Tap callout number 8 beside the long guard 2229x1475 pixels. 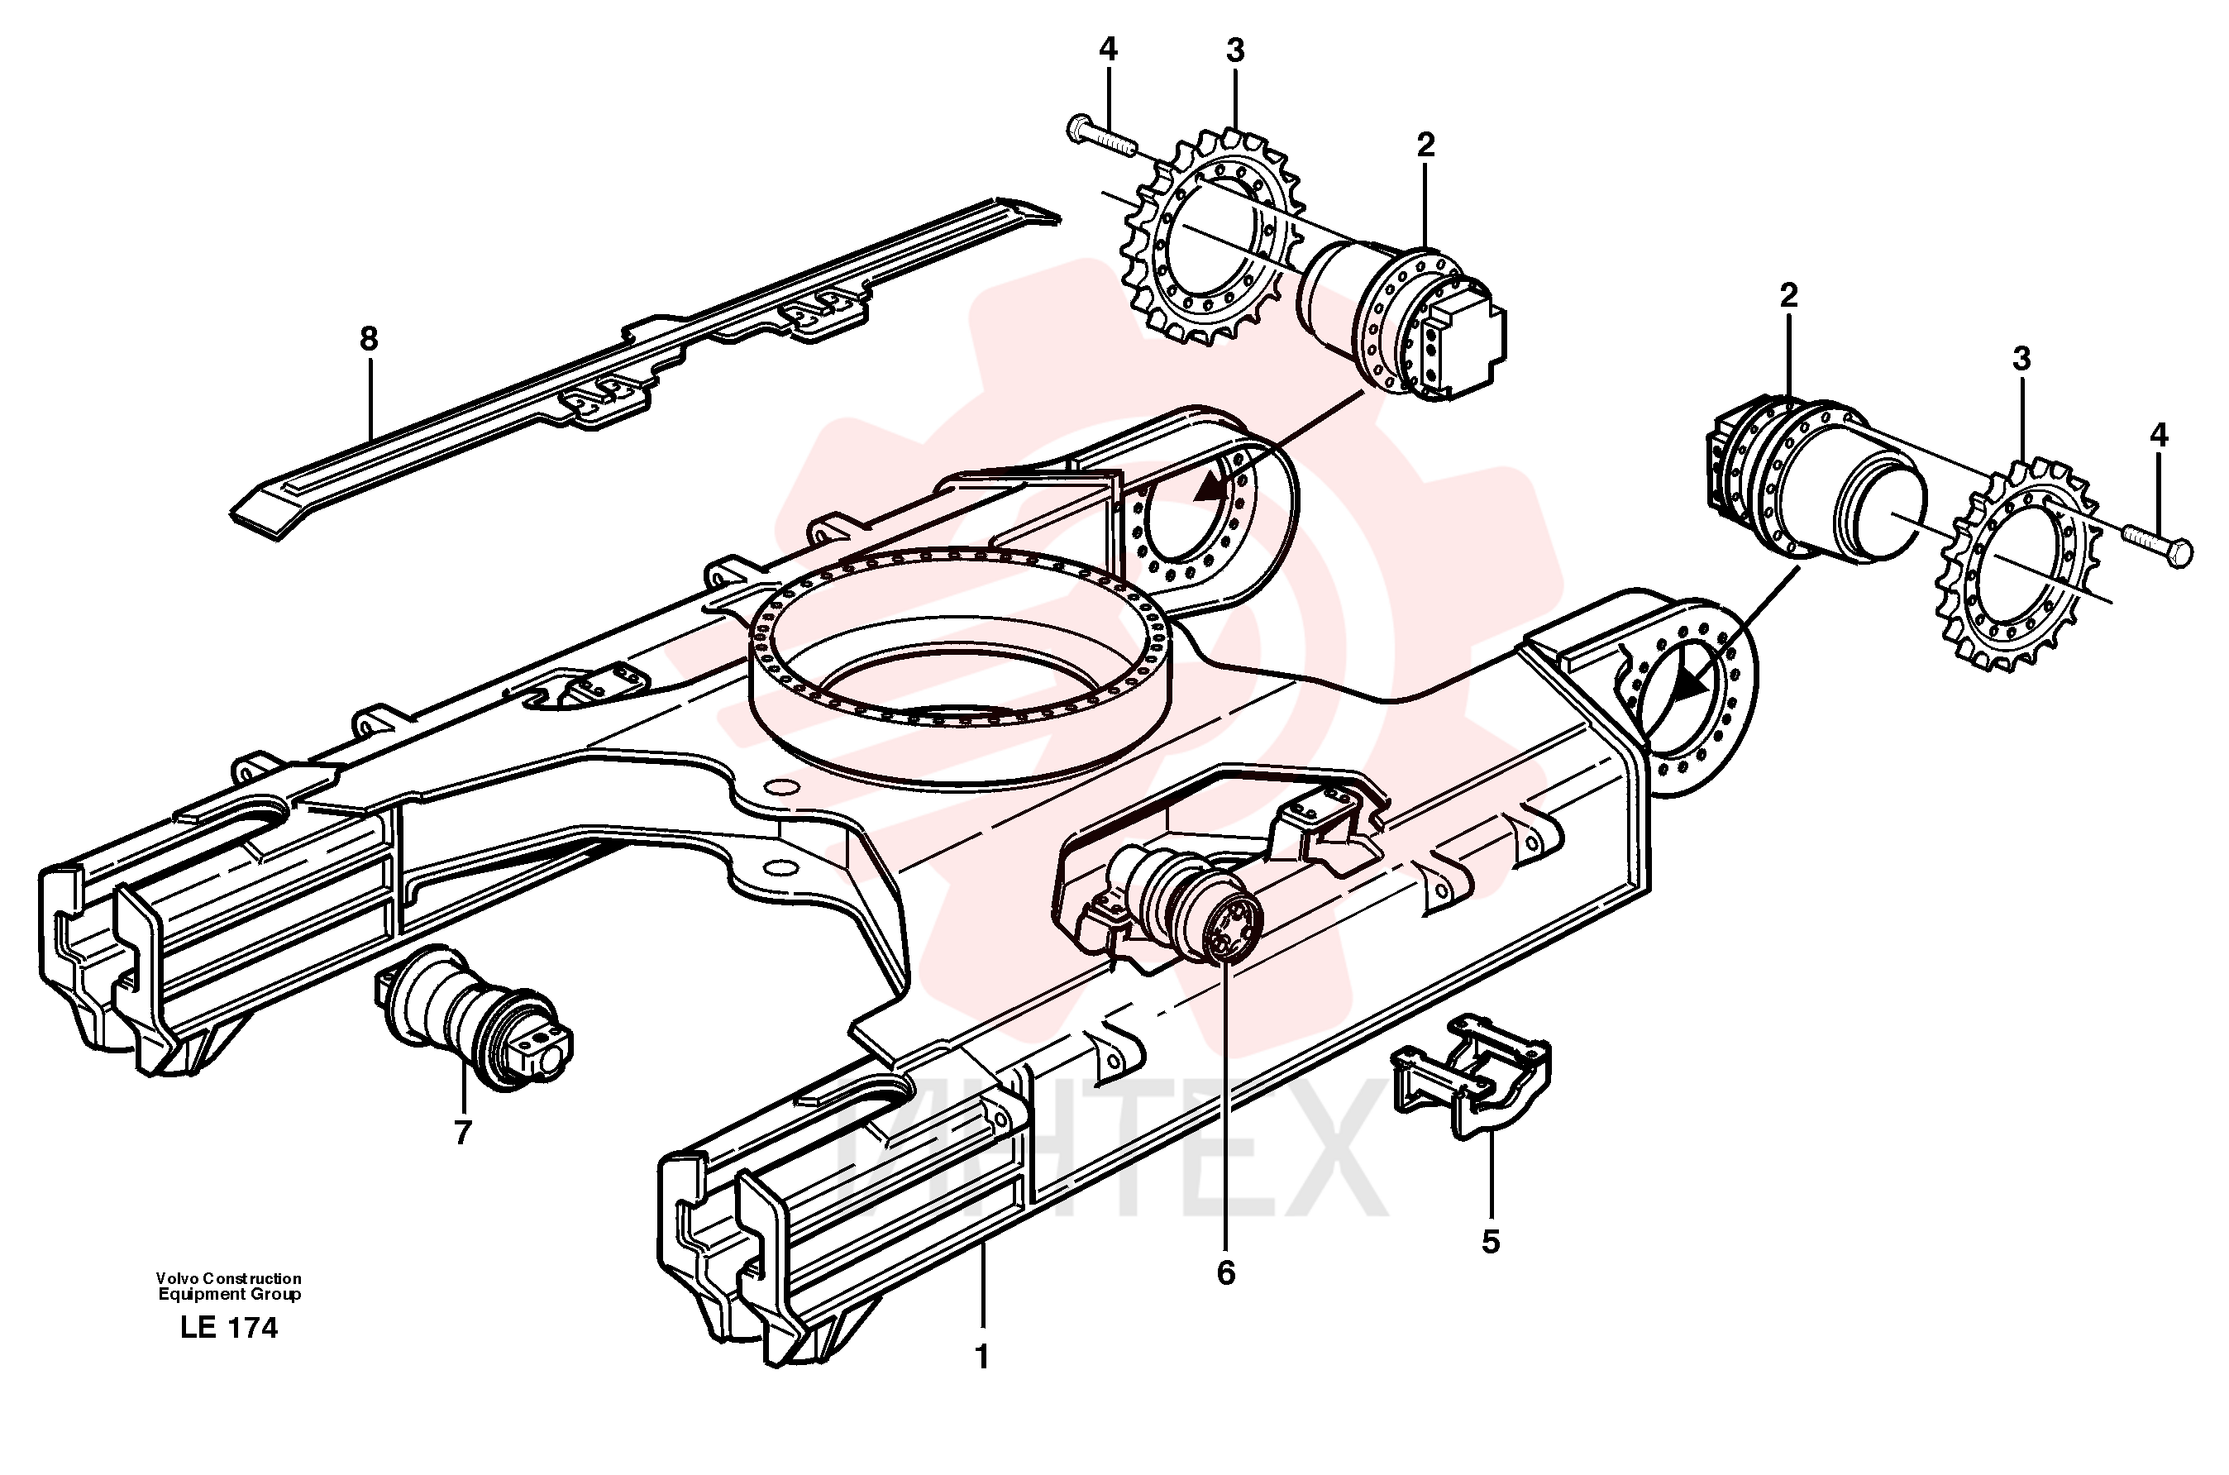point(369,339)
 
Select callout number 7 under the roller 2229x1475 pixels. point(462,1134)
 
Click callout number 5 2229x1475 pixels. point(1491,1242)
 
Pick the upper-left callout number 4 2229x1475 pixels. point(1109,49)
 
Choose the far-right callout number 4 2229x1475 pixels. point(2159,435)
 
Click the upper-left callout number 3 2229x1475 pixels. point(1235,50)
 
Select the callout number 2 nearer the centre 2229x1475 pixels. point(1426,145)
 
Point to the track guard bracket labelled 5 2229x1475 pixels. point(1470,1073)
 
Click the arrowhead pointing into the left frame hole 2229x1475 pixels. point(1211,487)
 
